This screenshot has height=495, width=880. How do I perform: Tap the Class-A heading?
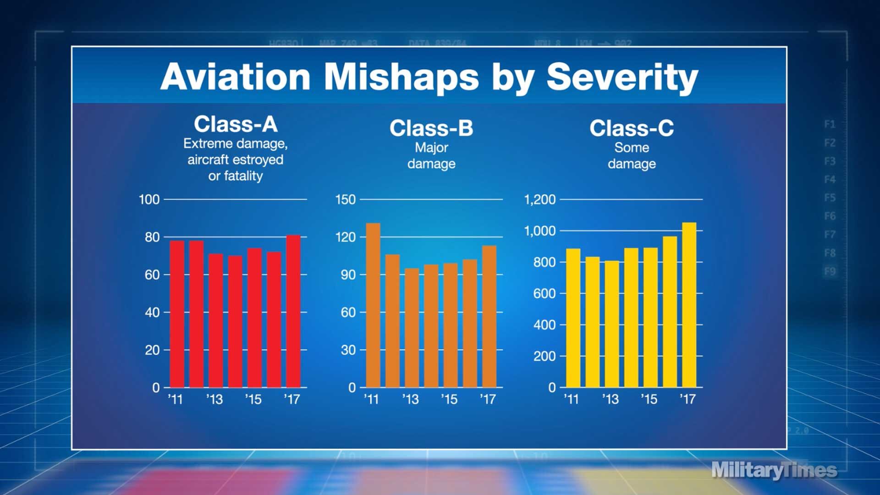click(x=236, y=124)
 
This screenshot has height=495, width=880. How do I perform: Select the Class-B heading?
click(x=431, y=128)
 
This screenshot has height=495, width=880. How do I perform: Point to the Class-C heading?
click(x=632, y=128)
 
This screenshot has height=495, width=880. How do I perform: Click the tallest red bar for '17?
click(x=293, y=312)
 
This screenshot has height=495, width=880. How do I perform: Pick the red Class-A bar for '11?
click(x=177, y=314)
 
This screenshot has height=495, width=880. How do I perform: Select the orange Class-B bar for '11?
click(x=373, y=305)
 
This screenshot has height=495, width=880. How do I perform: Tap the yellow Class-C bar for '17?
click(x=689, y=305)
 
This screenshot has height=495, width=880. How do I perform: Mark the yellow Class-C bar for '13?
click(x=611, y=324)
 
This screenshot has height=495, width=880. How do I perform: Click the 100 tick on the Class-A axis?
click(x=149, y=200)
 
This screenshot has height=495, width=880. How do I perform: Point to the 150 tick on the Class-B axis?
click(x=345, y=200)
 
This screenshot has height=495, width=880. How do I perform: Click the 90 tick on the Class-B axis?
click(x=348, y=275)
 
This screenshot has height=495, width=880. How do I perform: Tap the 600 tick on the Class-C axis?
click(x=544, y=294)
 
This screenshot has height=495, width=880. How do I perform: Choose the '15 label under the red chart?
click(x=253, y=400)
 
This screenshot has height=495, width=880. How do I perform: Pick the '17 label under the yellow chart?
click(x=687, y=400)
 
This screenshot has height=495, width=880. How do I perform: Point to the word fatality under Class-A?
click(x=243, y=176)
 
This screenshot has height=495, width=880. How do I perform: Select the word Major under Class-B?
click(x=431, y=148)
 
